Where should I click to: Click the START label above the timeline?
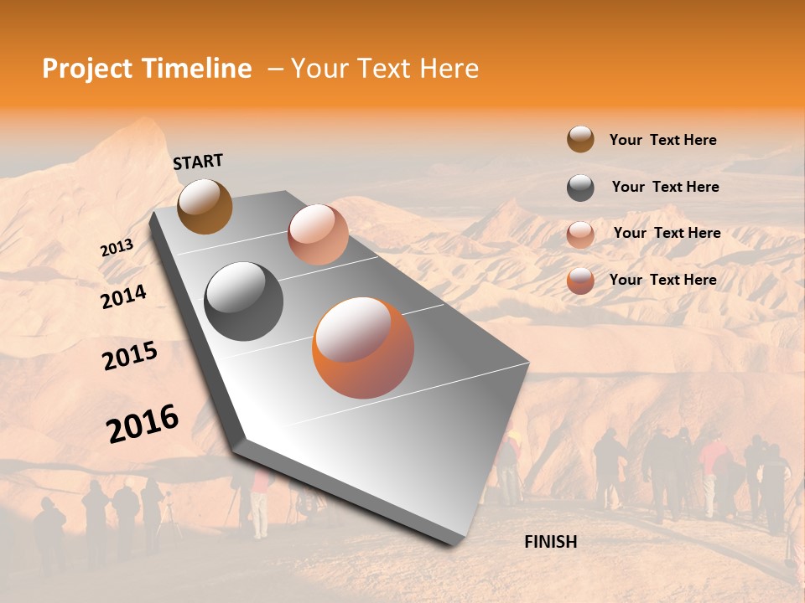[198, 162]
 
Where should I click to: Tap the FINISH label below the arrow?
[550, 542]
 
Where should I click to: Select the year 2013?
[117, 248]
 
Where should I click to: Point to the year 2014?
[123, 296]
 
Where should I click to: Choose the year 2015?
[130, 357]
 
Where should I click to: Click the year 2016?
[143, 423]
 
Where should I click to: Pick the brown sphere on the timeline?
[205, 206]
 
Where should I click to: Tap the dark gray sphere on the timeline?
[244, 301]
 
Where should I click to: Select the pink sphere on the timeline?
[318, 234]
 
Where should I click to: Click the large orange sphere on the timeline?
[363, 348]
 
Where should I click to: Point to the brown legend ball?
[580, 139]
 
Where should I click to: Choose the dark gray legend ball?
[580, 188]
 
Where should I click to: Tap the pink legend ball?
[580, 234]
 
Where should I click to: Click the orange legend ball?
[580, 281]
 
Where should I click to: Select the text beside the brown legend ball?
[662, 140]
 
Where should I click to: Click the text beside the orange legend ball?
[662, 280]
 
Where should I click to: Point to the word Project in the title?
[86, 69]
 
